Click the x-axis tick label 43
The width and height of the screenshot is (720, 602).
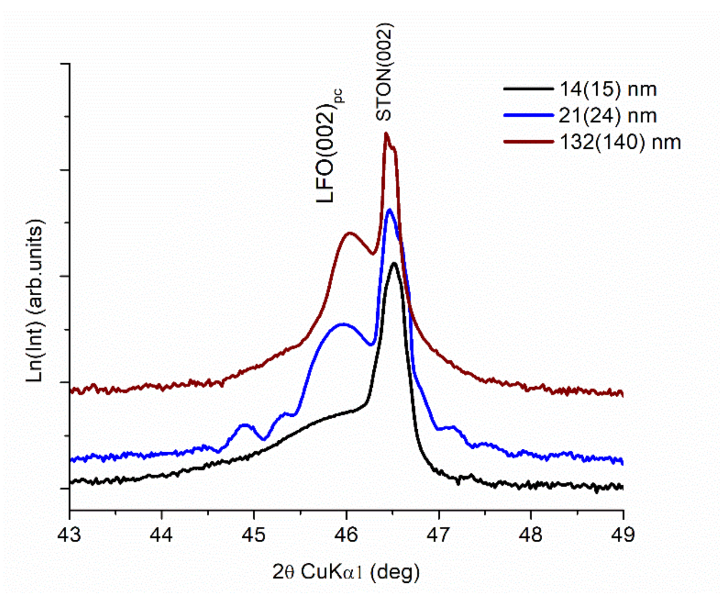70,535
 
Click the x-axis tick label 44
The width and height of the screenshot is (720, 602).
161,535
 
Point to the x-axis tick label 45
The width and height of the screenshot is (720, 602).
254,535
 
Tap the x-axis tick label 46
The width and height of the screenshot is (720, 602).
346,535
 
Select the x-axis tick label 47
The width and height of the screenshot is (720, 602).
439,535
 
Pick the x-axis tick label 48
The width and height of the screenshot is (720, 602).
530,535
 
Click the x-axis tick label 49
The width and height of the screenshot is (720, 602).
623,535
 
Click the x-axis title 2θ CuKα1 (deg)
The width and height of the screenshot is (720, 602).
346,572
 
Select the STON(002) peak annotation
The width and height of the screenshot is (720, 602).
385,72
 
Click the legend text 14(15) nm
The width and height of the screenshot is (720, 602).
608,89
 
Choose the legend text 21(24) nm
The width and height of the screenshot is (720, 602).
608,116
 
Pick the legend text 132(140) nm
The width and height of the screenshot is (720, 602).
620,142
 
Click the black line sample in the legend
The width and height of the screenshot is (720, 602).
528,89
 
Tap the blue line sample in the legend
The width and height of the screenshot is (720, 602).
528,116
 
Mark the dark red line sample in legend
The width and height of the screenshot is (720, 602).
528,142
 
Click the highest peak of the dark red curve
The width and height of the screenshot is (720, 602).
386,134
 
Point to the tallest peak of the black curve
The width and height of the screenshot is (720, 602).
394,263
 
